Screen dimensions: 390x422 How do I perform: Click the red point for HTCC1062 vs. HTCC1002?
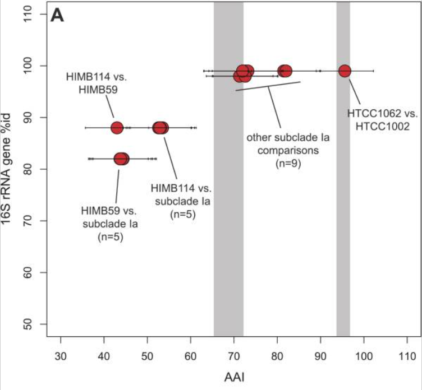click(345, 71)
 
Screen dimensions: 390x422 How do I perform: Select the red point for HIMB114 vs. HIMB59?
click(117, 128)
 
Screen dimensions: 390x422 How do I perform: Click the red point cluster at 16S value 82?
click(121, 159)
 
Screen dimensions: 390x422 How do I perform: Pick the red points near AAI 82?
click(285, 71)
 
